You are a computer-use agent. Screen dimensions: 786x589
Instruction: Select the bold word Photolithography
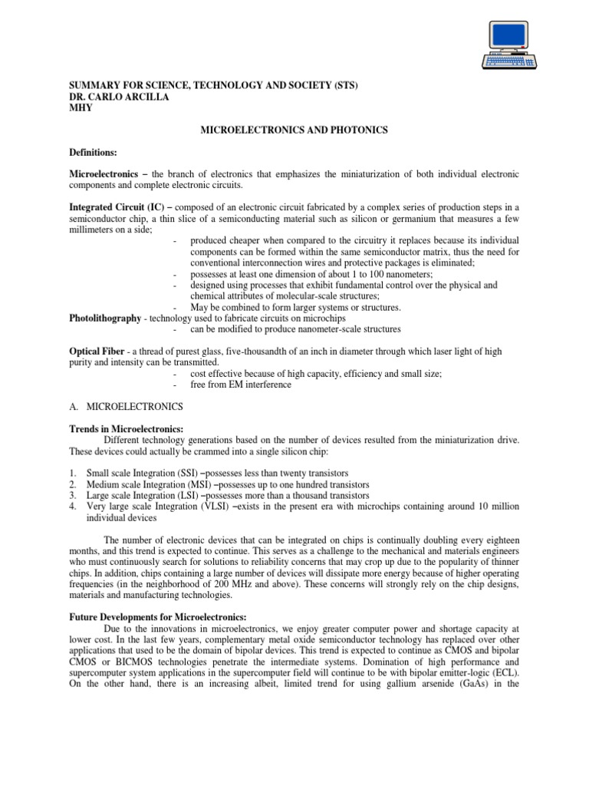click(x=105, y=318)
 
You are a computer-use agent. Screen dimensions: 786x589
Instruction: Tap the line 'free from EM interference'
click(x=241, y=385)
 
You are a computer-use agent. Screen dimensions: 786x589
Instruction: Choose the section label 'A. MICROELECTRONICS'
click(x=127, y=406)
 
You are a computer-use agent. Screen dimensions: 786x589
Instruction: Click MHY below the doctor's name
click(x=81, y=107)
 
